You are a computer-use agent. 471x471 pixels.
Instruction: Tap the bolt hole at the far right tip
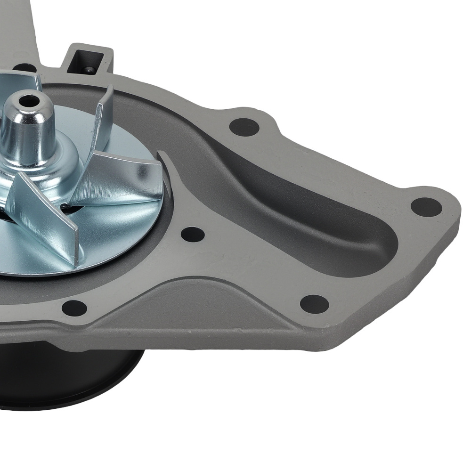pyautogui.click(x=426, y=207)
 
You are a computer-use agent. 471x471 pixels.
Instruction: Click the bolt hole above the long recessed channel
pyautogui.click(x=244, y=127)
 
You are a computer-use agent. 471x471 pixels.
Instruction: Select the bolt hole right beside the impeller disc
pyautogui.click(x=193, y=234)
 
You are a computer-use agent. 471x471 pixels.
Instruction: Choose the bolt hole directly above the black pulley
pyautogui.click(x=74, y=308)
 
